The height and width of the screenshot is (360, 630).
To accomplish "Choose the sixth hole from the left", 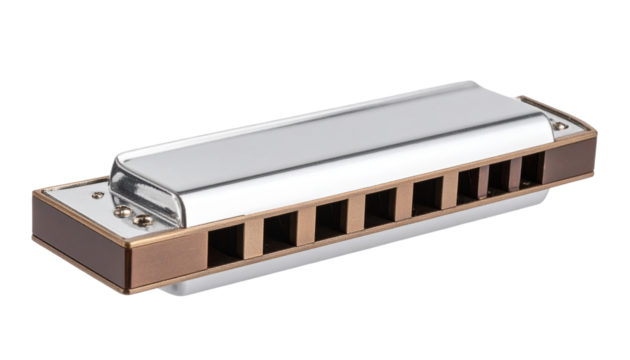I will coord(468,186).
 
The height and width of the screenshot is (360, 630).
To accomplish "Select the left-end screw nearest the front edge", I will coord(145,219).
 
